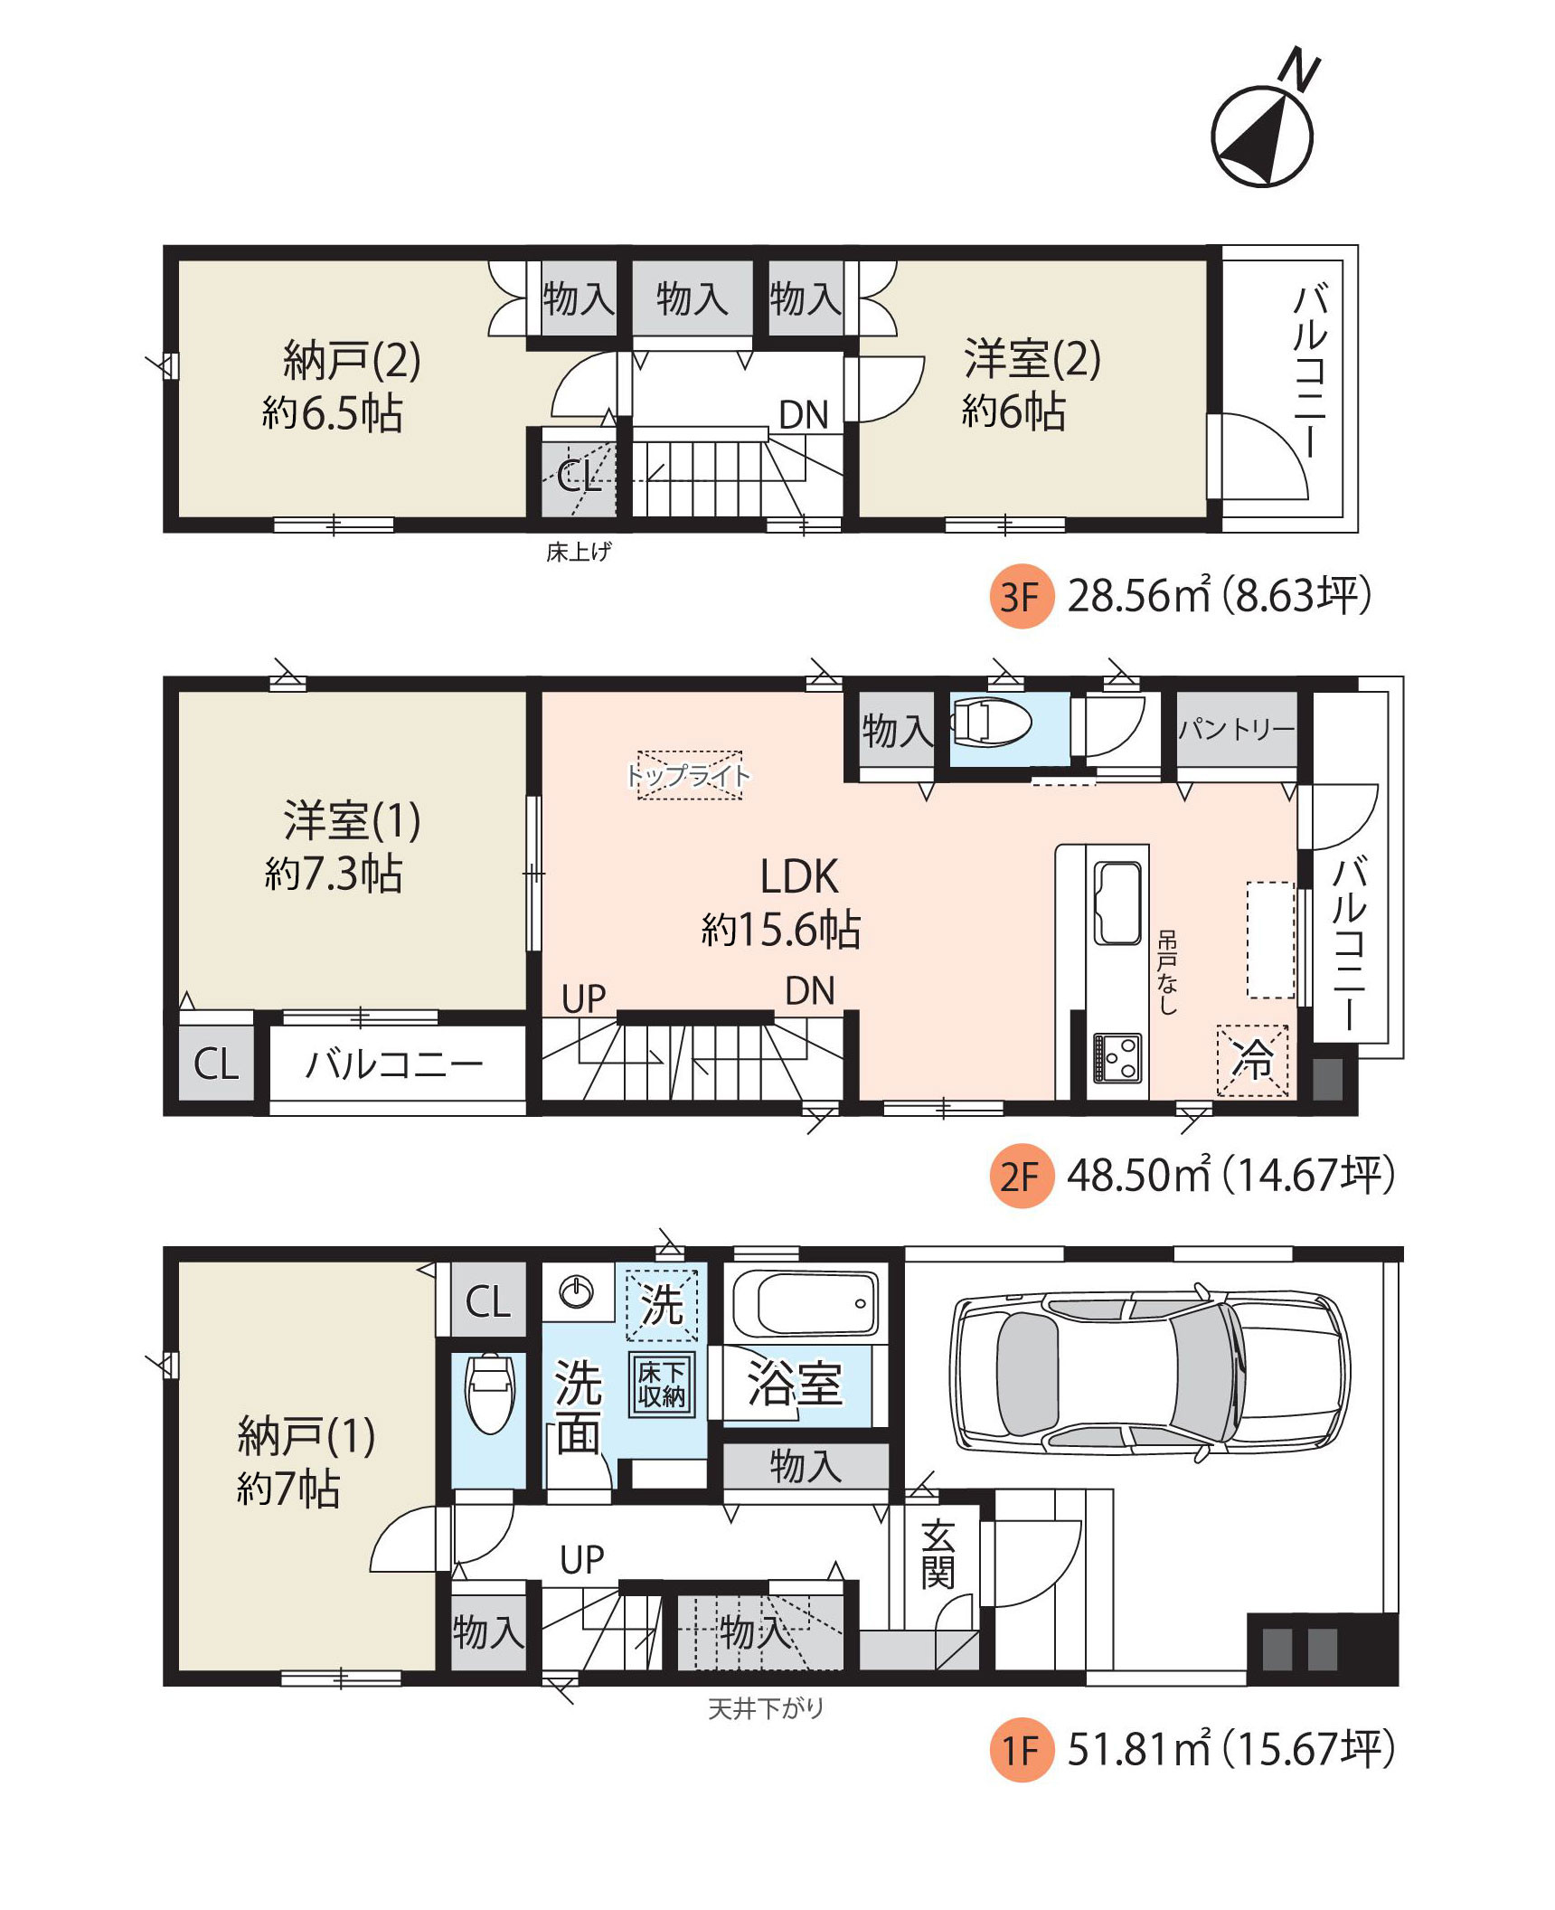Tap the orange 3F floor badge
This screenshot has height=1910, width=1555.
(x=1022, y=596)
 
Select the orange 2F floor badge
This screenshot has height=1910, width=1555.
(x=1022, y=1176)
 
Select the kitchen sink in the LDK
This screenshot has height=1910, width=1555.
(x=1117, y=903)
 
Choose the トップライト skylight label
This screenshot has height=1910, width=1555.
(x=689, y=776)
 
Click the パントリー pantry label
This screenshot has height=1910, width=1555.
(x=1237, y=729)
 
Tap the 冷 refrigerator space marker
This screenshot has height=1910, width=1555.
(x=1252, y=1060)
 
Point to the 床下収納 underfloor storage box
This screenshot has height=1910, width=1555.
(x=662, y=1384)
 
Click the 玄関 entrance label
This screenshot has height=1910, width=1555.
(x=938, y=1555)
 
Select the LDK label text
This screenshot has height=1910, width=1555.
(x=799, y=876)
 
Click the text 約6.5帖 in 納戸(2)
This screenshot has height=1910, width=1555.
(x=332, y=413)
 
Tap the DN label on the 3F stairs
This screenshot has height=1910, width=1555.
(x=804, y=415)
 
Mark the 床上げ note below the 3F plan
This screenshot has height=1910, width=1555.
(x=579, y=551)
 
